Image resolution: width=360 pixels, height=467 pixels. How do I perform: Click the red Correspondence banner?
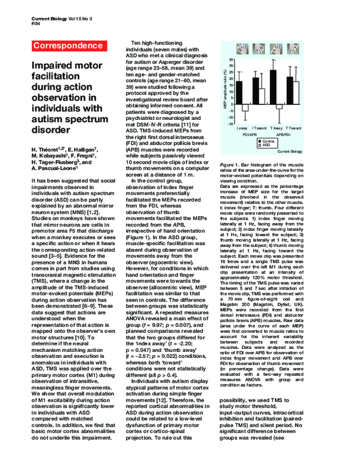tap(62, 46)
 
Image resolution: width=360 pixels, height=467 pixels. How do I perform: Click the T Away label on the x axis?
tap(277, 128)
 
